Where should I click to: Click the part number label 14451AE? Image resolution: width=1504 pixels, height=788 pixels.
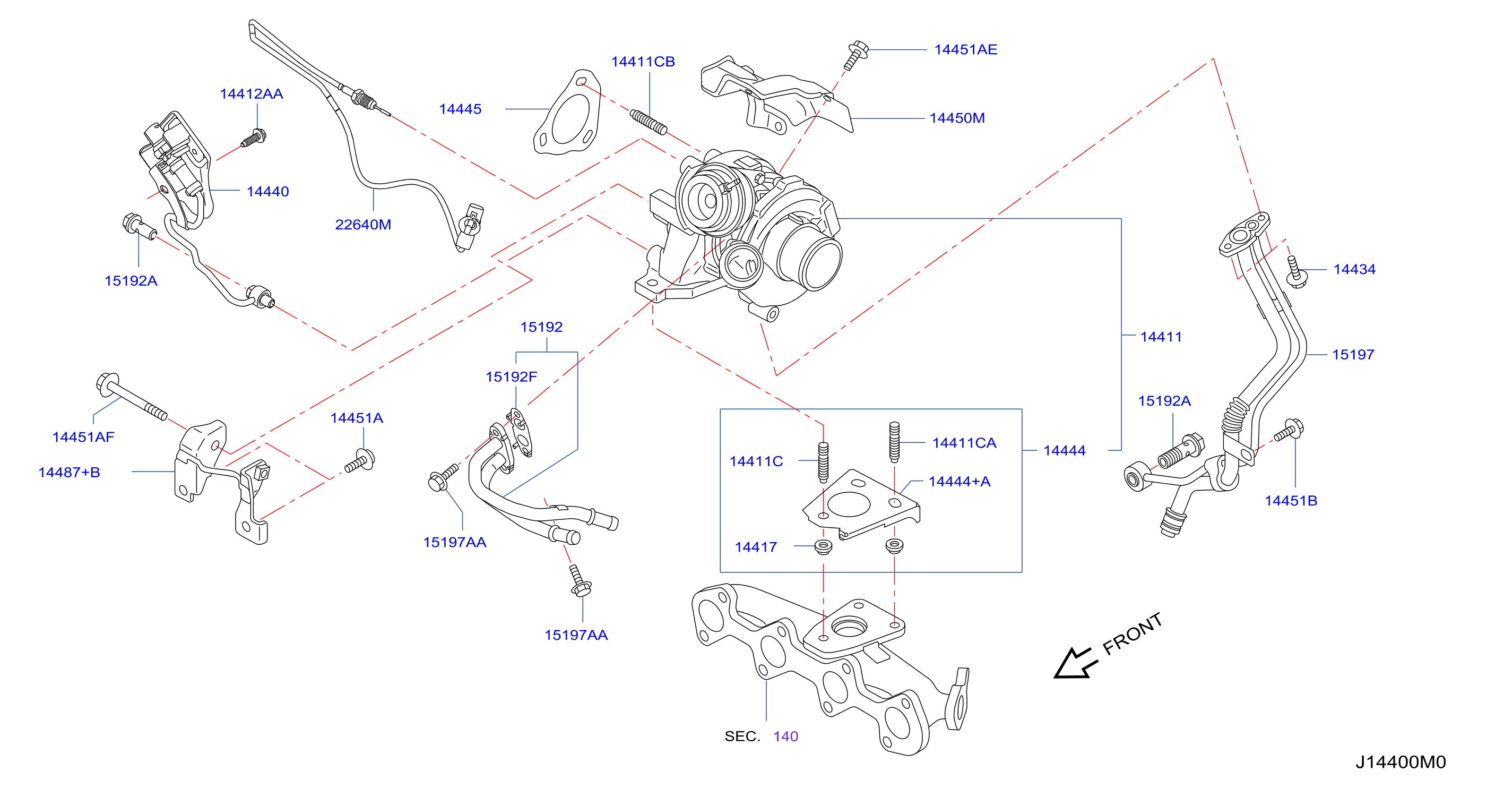[x=966, y=50]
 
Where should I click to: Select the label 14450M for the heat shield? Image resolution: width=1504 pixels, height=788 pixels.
[x=957, y=118]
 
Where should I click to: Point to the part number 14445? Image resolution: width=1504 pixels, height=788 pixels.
[x=460, y=109]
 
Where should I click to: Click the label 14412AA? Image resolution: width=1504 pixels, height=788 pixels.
[x=251, y=93]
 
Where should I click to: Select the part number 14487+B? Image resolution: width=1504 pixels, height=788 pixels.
[x=69, y=472]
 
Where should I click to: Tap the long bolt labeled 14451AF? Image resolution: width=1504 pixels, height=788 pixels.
[x=132, y=397]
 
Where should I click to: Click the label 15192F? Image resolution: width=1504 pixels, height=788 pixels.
[x=511, y=377]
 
